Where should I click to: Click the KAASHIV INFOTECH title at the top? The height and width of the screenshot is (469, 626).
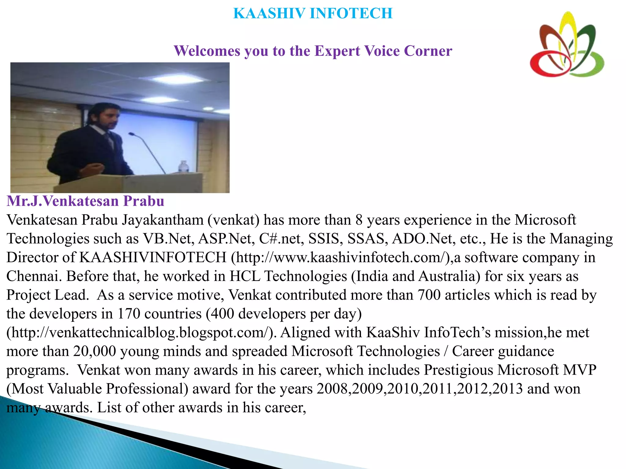tap(313, 13)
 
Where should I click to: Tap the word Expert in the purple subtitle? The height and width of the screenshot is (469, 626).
tap(337, 51)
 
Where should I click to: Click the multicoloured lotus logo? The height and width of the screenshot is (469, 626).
tap(567, 45)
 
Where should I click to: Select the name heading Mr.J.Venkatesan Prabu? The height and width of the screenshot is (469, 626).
tap(86, 201)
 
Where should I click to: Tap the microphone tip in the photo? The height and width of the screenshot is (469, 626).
tap(131, 134)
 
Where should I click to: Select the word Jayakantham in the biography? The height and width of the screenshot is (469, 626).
tap(163, 220)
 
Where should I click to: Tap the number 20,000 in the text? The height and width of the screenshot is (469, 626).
tap(94, 351)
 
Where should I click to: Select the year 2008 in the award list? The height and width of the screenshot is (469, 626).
tap(333, 389)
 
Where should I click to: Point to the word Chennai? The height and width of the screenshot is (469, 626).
tap(33, 276)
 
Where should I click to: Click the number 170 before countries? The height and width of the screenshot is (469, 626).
tap(129, 314)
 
